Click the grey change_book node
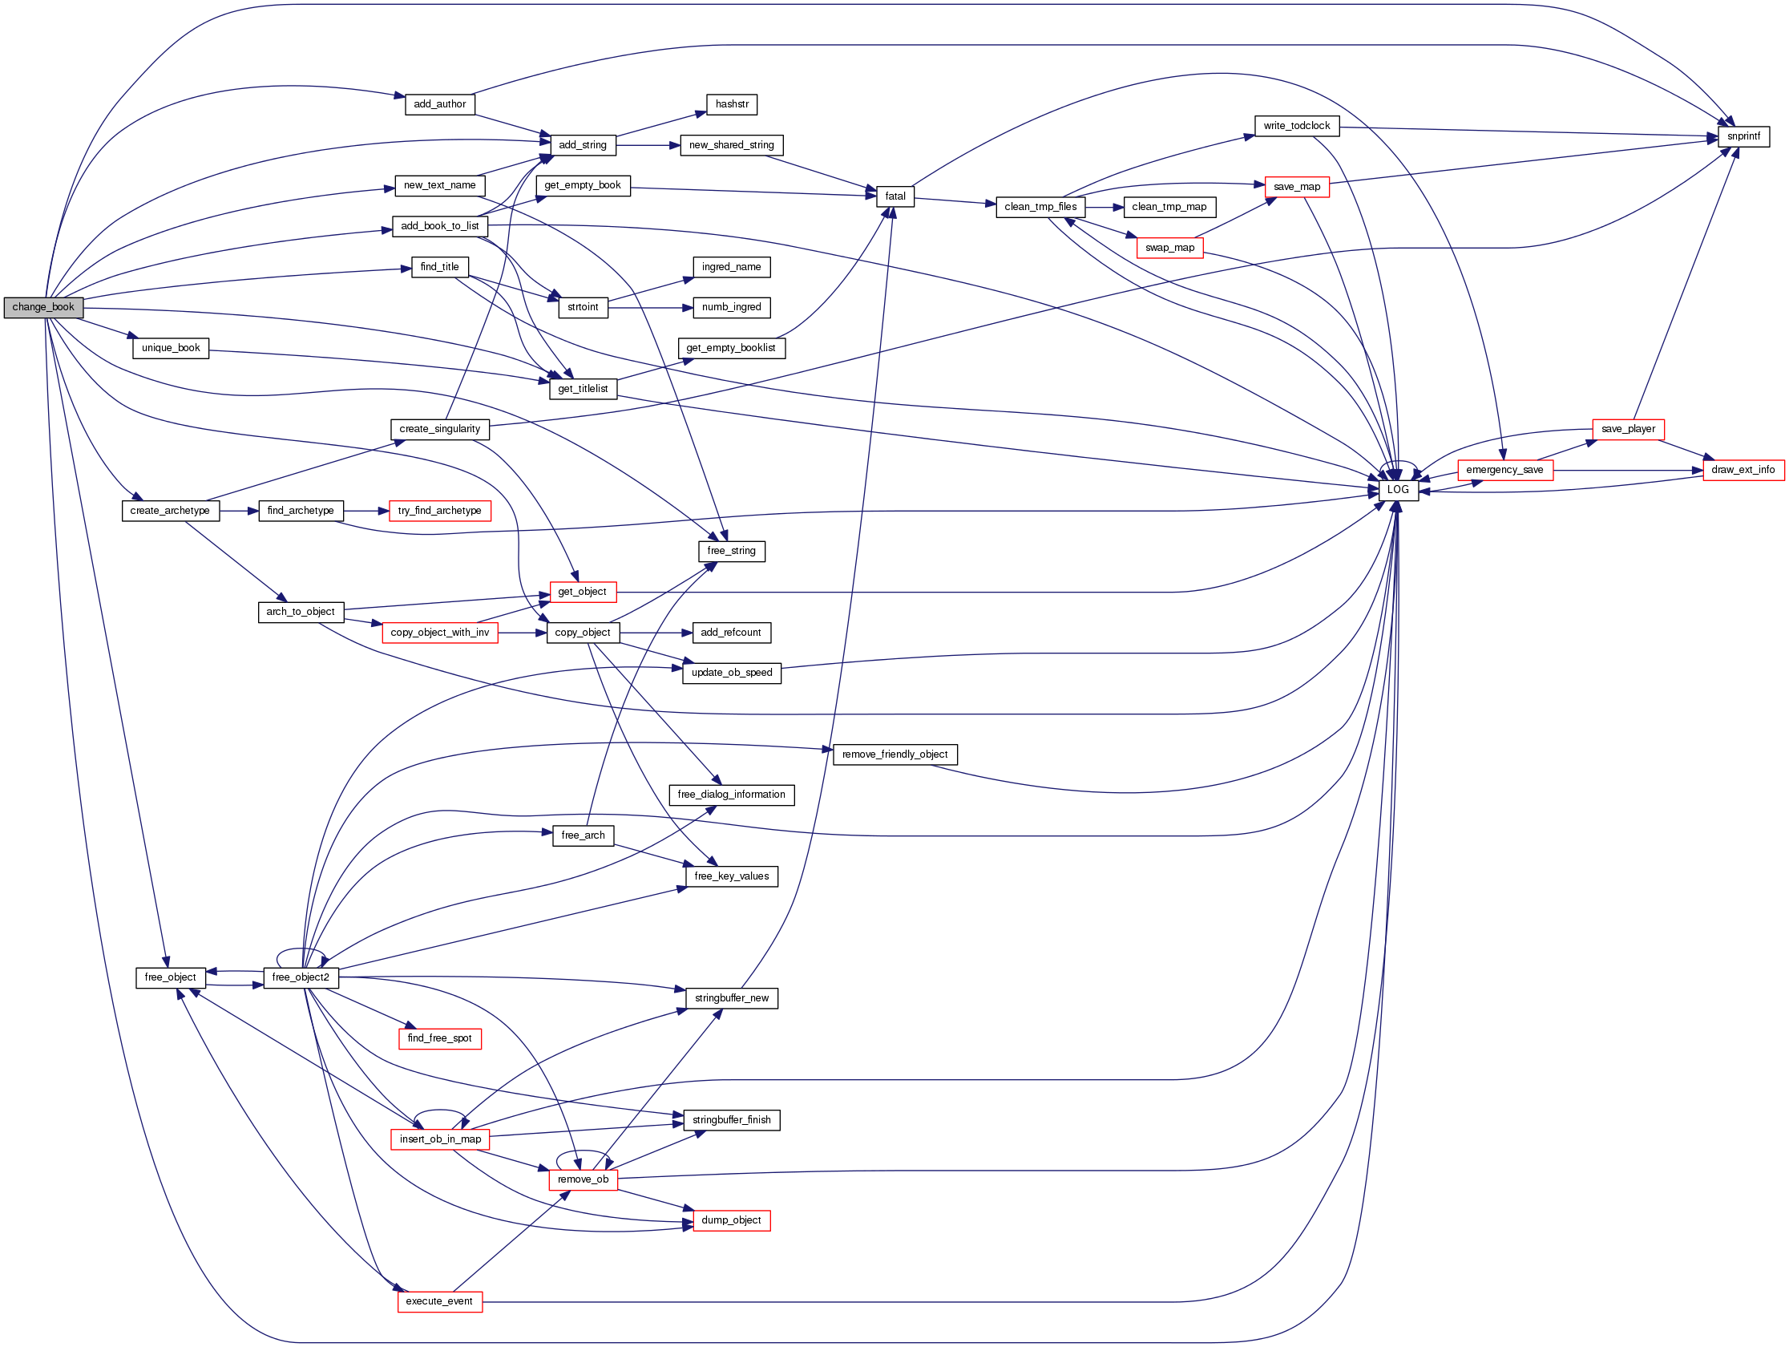[x=42, y=307]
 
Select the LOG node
[x=1398, y=490]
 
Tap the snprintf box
[x=1743, y=137]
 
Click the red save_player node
[x=1627, y=429]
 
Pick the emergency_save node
[x=1504, y=470]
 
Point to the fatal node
[x=895, y=196]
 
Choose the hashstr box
[x=731, y=104]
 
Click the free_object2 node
[x=300, y=977]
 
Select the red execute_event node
[x=439, y=1301]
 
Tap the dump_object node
[x=731, y=1220]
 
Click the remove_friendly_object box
[x=894, y=754]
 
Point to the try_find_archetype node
[x=439, y=511]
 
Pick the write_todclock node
[x=1296, y=126]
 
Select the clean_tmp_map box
[x=1169, y=207]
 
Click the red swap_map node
[x=1169, y=248]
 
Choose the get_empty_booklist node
[x=730, y=348]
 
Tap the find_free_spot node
[x=439, y=1038]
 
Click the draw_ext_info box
[x=1743, y=470]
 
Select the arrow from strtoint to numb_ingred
[x=650, y=307]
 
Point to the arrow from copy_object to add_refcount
[x=656, y=633]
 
